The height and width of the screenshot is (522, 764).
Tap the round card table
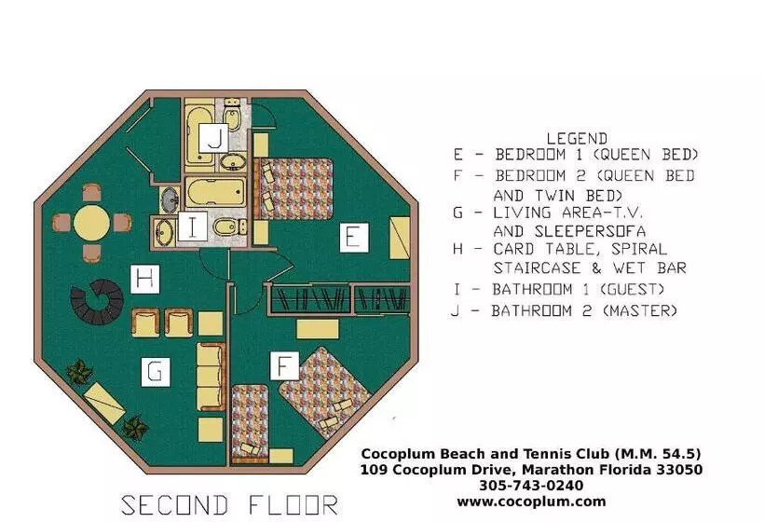[91, 223]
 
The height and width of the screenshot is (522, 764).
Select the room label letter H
[145, 279]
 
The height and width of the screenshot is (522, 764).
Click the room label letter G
[156, 372]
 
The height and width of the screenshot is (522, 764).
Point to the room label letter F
[284, 365]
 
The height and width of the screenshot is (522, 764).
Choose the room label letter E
[354, 238]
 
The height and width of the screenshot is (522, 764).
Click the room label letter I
[193, 227]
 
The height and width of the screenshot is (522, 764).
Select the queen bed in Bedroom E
[293, 188]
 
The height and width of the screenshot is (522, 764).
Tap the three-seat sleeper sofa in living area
[211, 377]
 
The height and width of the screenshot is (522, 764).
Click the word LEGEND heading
[577, 138]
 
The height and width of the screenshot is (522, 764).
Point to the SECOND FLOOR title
[229, 505]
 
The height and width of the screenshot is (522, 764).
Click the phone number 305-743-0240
[531, 486]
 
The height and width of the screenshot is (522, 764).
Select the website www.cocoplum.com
[532, 501]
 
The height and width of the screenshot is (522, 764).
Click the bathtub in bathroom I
[215, 191]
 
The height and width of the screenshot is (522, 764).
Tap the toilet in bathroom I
[229, 227]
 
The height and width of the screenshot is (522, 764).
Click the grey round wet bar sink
[170, 199]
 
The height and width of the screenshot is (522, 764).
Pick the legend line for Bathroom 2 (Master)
[565, 310]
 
